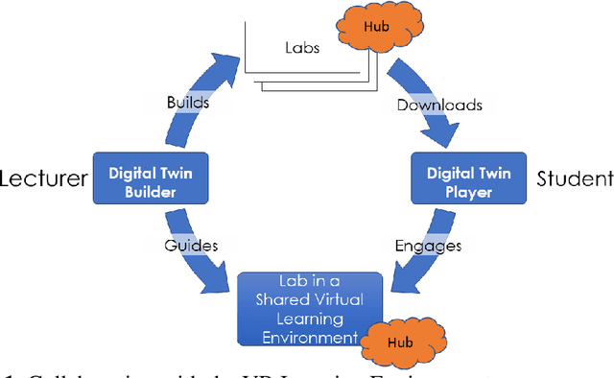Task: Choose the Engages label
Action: click(x=428, y=245)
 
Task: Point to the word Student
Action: click(x=574, y=177)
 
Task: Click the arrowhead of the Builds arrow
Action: click(x=230, y=59)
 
